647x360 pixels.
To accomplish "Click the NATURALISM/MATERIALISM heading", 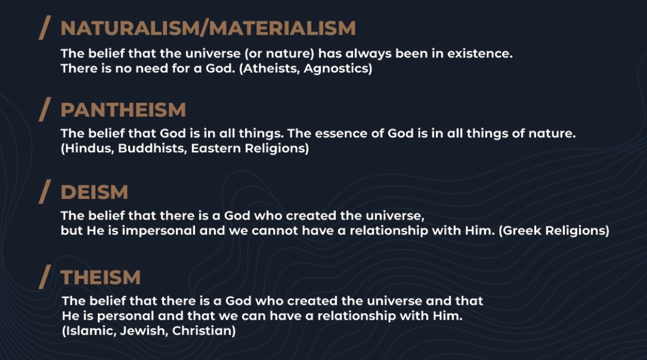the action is [x=208, y=28].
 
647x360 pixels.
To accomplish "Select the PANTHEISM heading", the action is [x=123, y=110].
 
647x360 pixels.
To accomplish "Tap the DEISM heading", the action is [x=94, y=192].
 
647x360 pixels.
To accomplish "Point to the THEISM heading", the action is [x=101, y=277].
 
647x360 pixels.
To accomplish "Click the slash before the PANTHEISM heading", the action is [x=44, y=109].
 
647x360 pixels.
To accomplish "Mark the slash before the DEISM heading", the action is [x=44, y=192].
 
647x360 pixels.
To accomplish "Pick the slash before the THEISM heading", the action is [x=44, y=277].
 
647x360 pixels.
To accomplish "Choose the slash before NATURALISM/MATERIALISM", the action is [x=44, y=28].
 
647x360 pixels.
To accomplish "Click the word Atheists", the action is [x=271, y=68].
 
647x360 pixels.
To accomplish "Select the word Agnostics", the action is [x=336, y=68].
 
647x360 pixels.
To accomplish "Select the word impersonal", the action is [x=159, y=231].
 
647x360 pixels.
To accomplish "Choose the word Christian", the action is [x=202, y=331].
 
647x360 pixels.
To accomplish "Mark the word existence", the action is [x=480, y=53].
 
